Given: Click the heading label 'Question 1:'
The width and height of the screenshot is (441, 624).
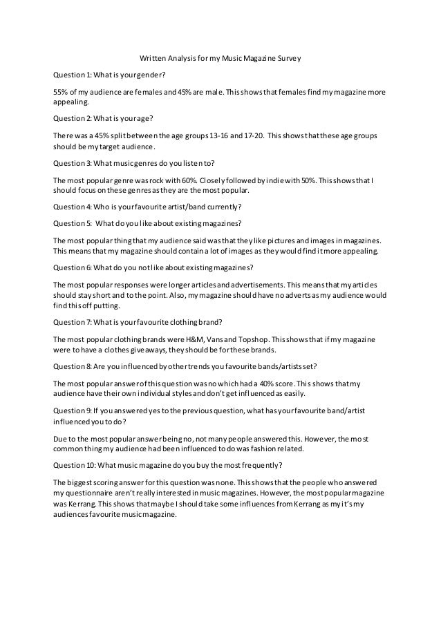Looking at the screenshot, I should click(71, 75).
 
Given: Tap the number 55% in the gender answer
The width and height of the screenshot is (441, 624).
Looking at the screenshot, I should click(61, 92).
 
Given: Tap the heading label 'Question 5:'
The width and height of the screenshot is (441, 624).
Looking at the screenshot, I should click(72, 223).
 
